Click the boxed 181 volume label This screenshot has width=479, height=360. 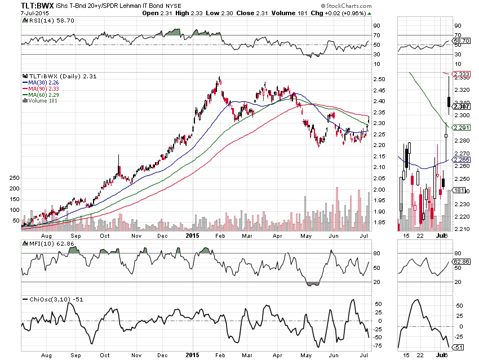[x=460, y=190]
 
